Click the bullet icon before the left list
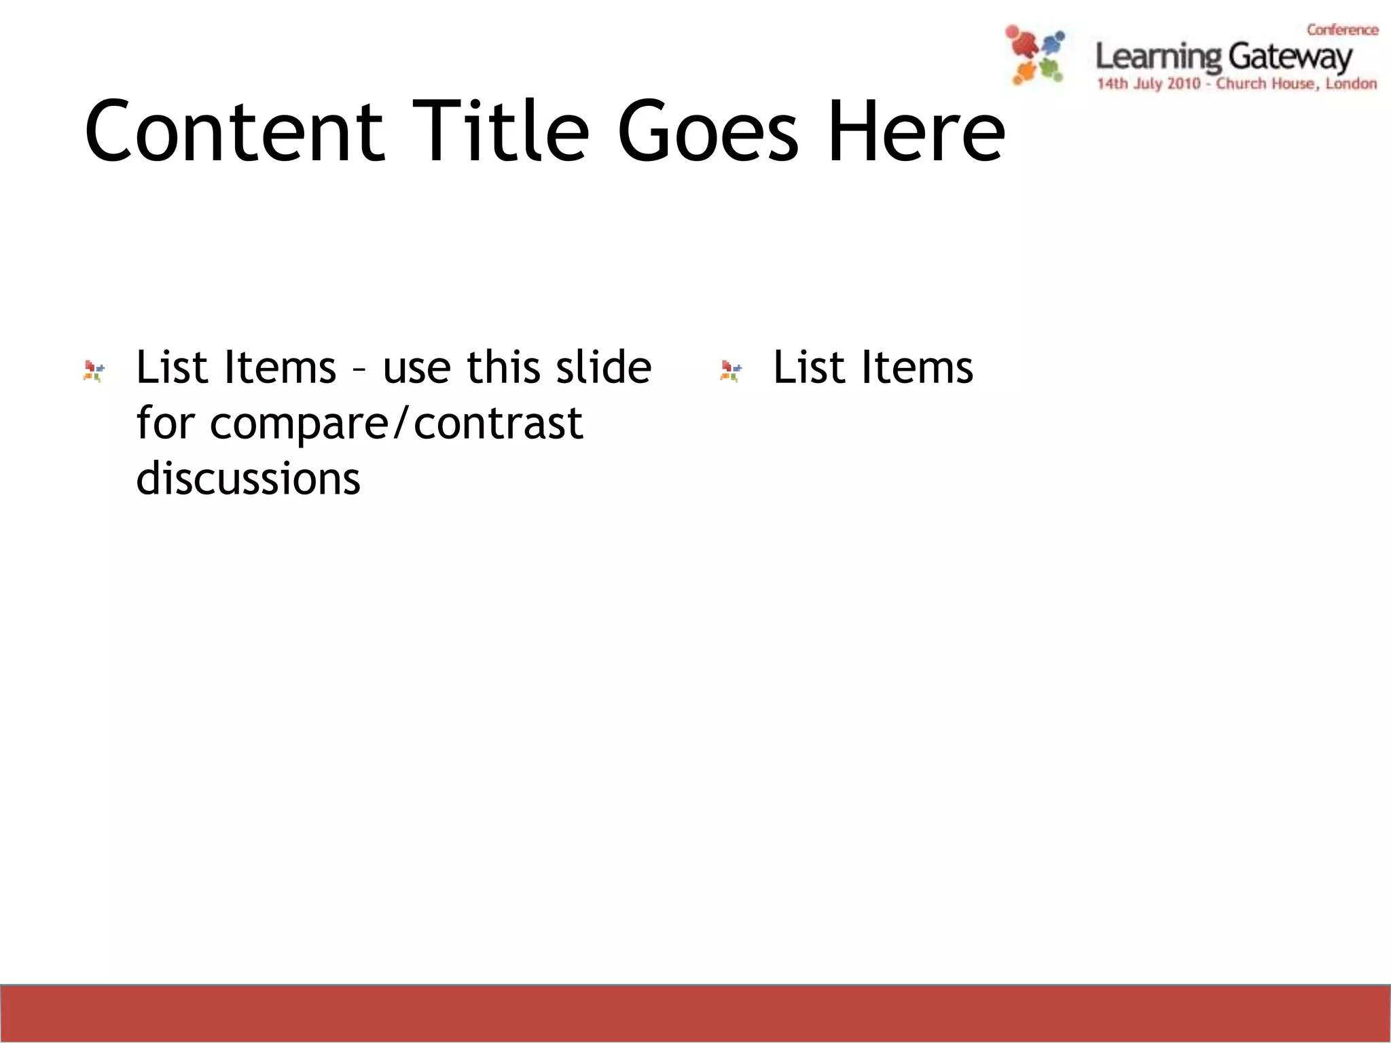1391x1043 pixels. click(x=94, y=371)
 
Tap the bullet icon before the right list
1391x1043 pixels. click(x=731, y=371)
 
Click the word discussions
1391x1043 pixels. click(x=248, y=479)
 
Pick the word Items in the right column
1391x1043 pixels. click(x=917, y=367)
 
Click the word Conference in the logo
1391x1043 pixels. click(x=1342, y=30)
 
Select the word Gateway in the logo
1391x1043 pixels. click(x=1290, y=57)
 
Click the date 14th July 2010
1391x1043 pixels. click(x=1148, y=84)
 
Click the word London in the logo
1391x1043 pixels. click(x=1351, y=84)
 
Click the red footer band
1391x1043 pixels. click(x=695, y=1013)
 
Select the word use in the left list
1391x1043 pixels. click(x=416, y=367)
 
